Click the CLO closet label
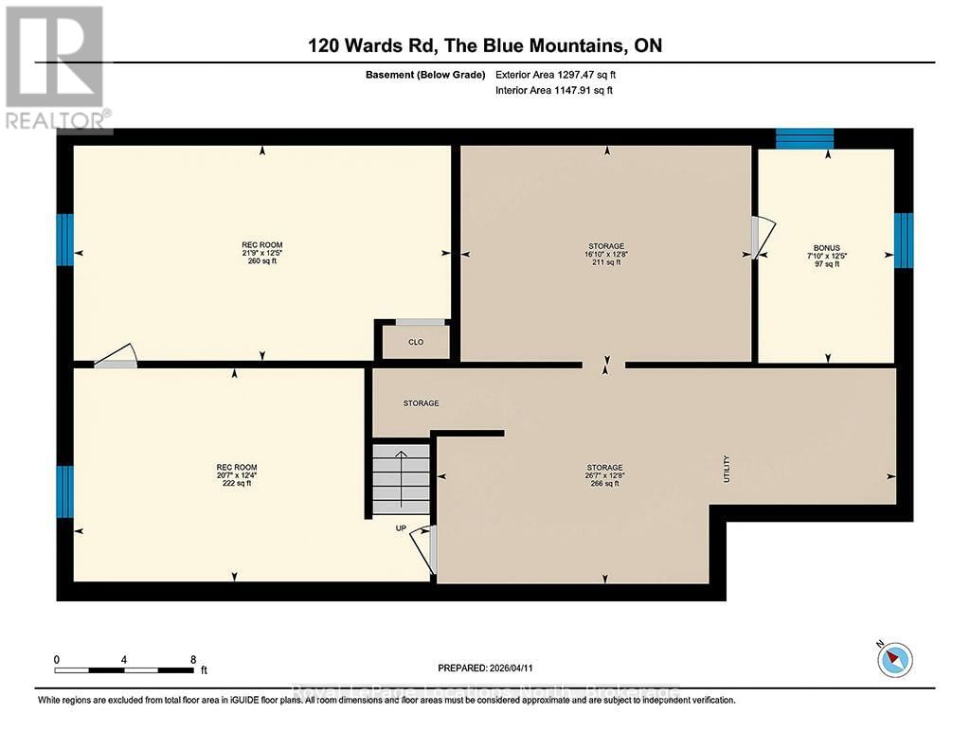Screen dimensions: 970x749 click(x=416, y=343)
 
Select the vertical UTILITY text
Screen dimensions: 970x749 click(x=727, y=468)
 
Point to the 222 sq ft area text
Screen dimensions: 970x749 click(x=236, y=484)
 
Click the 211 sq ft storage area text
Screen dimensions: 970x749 click(x=605, y=262)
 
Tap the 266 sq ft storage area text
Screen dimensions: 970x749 click(x=604, y=484)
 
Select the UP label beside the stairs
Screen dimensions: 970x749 click(x=401, y=528)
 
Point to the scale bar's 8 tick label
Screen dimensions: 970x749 click(x=193, y=659)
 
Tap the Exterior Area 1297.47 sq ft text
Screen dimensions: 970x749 click(x=555, y=74)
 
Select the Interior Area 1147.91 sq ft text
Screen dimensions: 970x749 click(x=554, y=91)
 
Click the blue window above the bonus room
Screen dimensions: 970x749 click(x=804, y=138)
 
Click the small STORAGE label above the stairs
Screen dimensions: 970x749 click(x=421, y=403)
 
